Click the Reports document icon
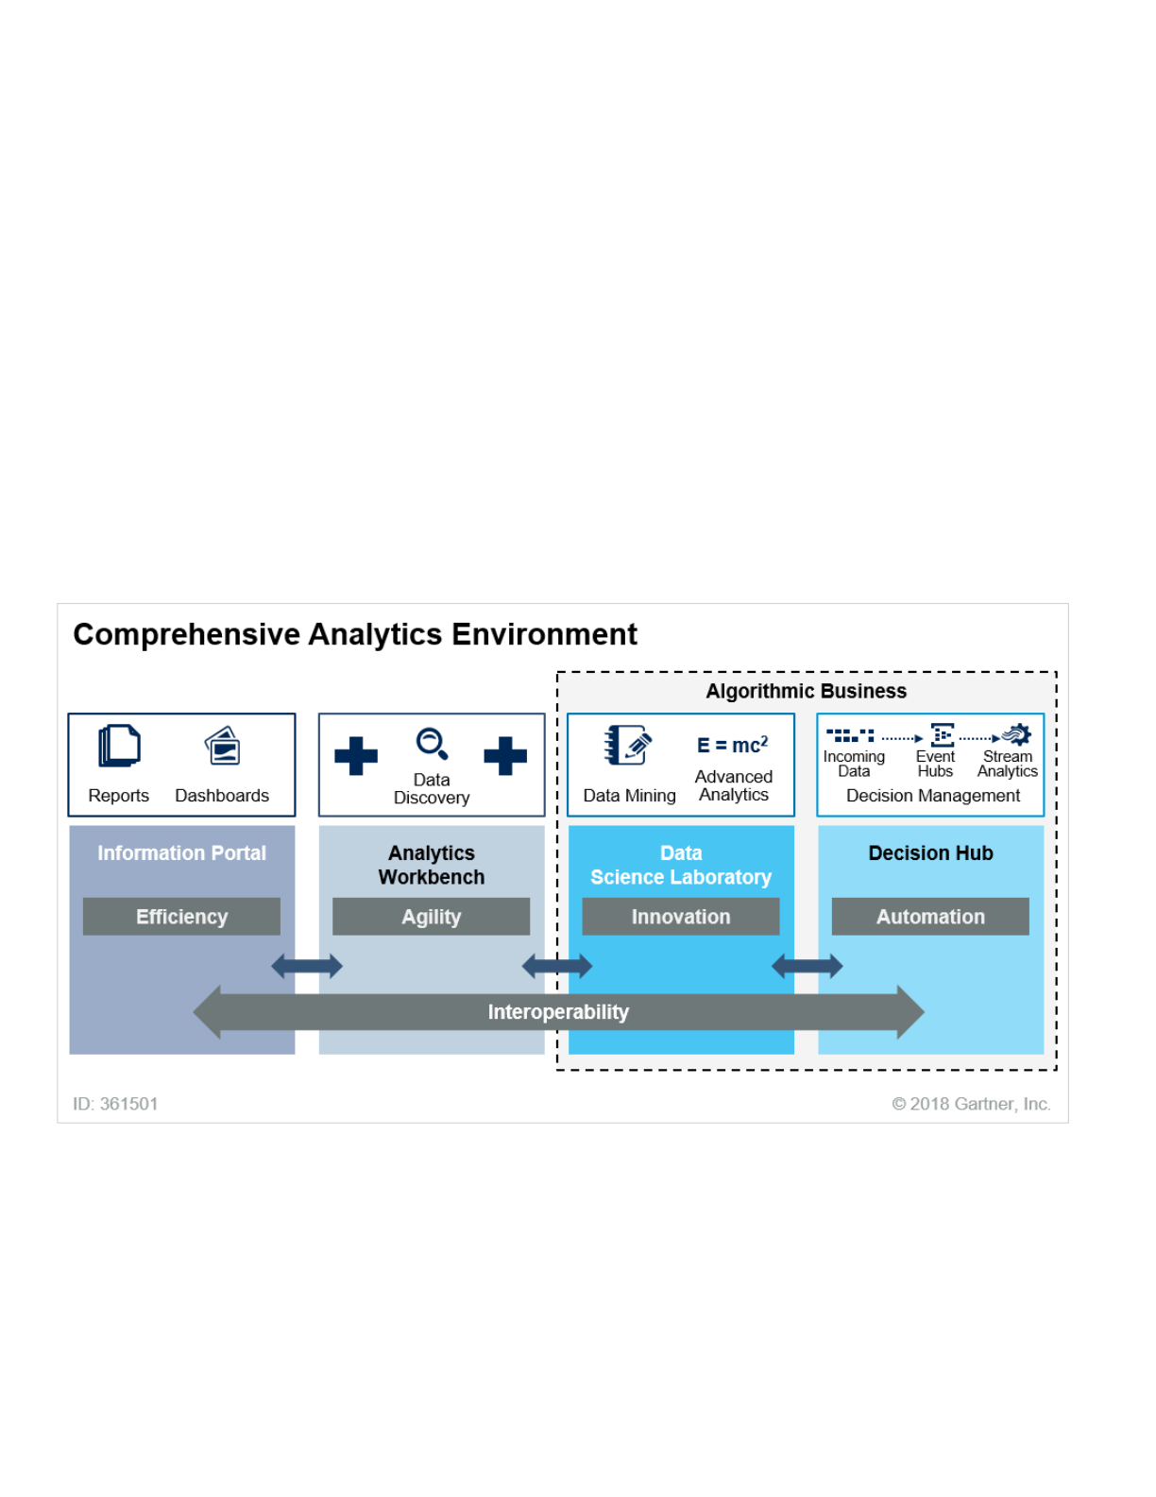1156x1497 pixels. (119, 746)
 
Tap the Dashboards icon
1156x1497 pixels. (223, 747)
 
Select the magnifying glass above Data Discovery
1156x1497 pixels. (432, 744)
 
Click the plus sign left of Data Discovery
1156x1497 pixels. (356, 755)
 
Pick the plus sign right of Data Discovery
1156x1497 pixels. (505, 755)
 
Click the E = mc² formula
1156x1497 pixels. (733, 745)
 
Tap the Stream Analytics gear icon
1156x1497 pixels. (1016, 734)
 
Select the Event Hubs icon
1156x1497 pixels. (942, 734)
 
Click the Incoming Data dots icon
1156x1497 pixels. (850, 734)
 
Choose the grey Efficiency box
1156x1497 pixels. (181, 917)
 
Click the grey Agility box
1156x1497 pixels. (432, 917)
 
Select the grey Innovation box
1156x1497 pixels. (681, 917)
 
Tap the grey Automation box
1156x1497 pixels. (930, 917)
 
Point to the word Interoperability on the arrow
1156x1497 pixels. (558, 1012)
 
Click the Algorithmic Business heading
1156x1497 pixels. (806, 691)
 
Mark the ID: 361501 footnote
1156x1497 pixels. (115, 1104)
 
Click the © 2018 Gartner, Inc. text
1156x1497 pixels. (971, 1104)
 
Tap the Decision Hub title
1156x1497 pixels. (930, 853)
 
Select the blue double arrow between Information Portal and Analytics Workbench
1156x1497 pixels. (307, 966)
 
